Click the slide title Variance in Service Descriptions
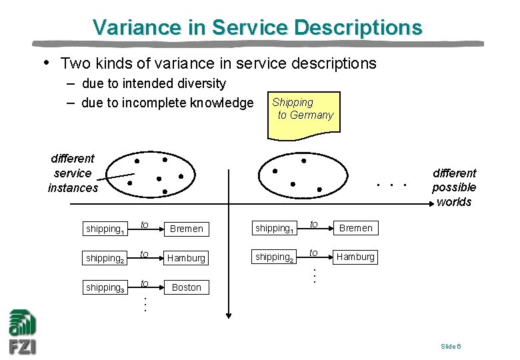pos(257,27)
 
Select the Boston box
pos(186,287)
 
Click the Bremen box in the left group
pos(186,229)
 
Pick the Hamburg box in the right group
pos(355,257)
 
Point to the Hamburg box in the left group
pos(186,258)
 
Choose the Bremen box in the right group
pos(355,228)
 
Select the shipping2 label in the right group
pos(274,257)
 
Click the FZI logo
pos(22,332)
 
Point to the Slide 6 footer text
pos(451,346)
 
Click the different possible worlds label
pos(454,187)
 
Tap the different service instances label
pos(73,173)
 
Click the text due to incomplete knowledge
pos(167,103)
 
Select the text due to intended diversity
pos(154,84)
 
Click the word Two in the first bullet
pos(74,64)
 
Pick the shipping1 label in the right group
pos(274,229)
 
